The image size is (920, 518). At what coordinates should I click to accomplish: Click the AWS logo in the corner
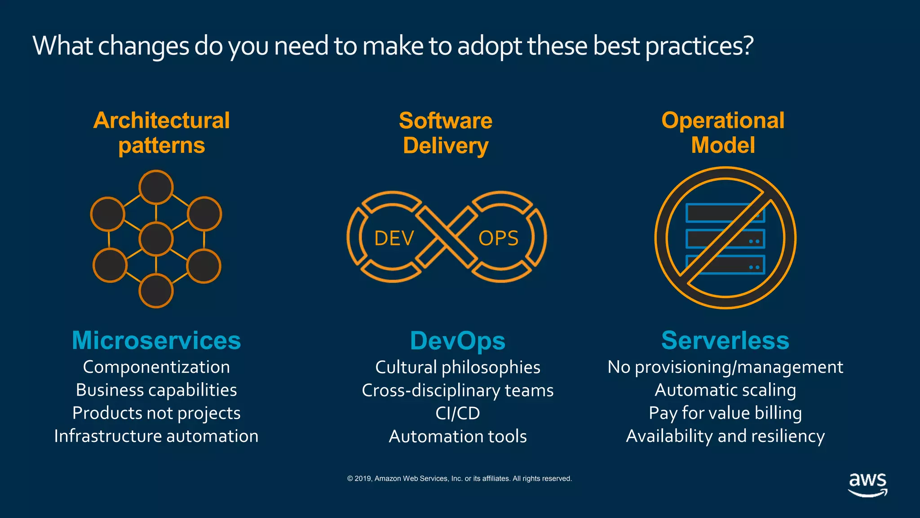[867, 484]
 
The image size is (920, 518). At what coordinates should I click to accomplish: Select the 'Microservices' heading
[156, 340]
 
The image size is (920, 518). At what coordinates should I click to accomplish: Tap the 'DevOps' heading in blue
[457, 341]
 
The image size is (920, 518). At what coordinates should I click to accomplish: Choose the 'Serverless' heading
[725, 340]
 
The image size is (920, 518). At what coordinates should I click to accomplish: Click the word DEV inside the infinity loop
[394, 238]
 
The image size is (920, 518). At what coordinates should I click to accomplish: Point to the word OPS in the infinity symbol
[498, 238]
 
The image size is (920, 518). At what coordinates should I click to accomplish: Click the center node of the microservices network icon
[156, 239]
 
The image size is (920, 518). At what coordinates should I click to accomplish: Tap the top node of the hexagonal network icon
[156, 187]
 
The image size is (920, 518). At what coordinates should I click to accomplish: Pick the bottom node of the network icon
[156, 291]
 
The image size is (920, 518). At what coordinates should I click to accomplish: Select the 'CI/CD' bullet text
[457, 413]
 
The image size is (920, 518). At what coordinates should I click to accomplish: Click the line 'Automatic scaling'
[725, 390]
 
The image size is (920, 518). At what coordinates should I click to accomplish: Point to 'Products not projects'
[156, 413]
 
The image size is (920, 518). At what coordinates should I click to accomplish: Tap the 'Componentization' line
[156, 367]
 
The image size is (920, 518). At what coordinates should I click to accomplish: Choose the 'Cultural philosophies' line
[457, 367]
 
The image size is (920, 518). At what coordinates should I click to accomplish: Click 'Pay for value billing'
[725, 413]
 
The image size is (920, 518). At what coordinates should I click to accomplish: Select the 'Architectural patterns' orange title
[162, 133]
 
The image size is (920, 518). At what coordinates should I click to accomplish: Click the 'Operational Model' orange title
[723, 133]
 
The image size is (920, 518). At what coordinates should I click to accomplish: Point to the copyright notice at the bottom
[459, 478]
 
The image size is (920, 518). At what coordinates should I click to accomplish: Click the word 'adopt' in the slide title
[490, 46]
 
